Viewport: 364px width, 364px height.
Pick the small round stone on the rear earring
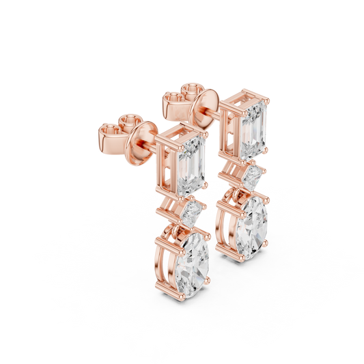pyautogui.click(x=251, y=179)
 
